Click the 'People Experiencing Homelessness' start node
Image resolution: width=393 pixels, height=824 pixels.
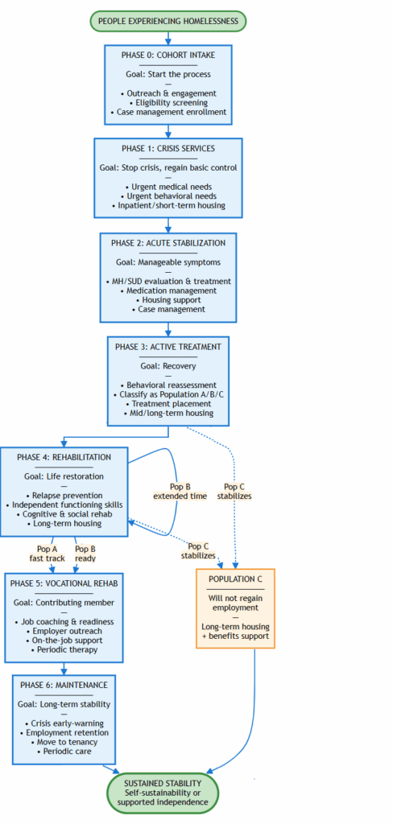168,21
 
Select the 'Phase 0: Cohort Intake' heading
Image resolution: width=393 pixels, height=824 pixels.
168,56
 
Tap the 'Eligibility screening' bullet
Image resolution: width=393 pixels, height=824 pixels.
168,102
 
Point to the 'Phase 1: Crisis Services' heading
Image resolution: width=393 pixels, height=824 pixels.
168,149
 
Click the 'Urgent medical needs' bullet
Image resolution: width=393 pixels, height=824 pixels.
168,187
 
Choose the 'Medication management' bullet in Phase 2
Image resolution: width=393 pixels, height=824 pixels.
168,290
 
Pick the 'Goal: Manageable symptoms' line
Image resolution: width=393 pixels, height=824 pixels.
168,262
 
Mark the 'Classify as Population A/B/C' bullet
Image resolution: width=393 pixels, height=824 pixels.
168,394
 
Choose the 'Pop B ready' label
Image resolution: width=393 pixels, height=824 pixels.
85,553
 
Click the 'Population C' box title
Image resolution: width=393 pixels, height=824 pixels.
236,579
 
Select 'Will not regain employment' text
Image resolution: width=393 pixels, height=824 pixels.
236,604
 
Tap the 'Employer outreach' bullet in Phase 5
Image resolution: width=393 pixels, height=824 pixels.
64,630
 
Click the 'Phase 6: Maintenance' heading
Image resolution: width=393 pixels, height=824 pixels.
65,685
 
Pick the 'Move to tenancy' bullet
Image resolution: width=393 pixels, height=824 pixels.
65,742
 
